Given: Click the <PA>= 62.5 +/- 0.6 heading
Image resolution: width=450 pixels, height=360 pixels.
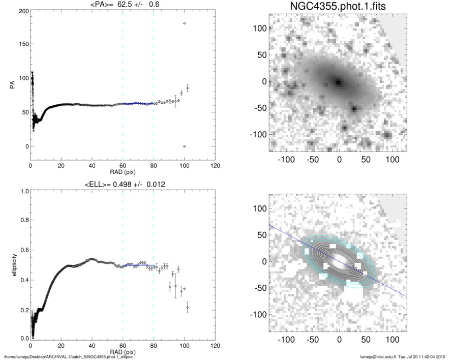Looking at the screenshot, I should (123, 5).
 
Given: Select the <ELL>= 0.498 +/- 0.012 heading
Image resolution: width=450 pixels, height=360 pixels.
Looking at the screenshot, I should (123, 184).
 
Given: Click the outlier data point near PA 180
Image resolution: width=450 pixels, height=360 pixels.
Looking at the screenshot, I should (184, 23).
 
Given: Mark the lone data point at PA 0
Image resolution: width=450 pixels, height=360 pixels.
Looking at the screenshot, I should (184, 146).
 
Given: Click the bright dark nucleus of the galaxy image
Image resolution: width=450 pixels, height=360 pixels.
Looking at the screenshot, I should (338, 81).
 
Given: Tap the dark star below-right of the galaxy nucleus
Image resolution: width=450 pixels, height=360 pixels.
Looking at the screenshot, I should (354, 108).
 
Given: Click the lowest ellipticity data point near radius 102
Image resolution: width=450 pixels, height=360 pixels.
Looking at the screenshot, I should (187, 308).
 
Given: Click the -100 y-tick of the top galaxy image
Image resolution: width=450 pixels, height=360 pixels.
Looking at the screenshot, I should (260, 134).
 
